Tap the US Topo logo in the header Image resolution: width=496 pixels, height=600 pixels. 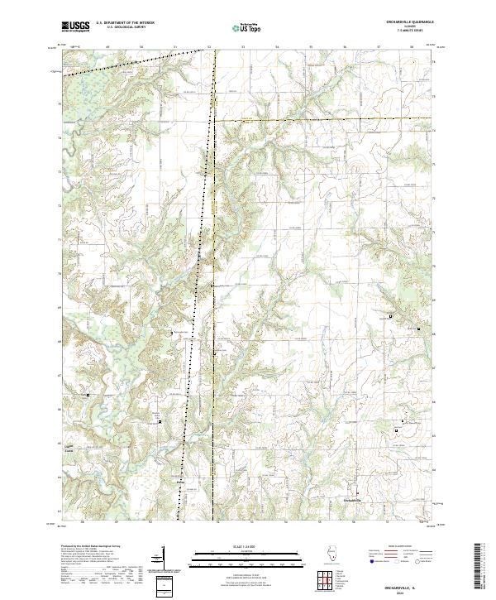249,27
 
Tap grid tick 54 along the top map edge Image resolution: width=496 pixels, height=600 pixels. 276,48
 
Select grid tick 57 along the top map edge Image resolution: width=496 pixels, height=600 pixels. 378,48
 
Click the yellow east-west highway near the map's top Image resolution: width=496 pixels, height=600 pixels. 322,121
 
